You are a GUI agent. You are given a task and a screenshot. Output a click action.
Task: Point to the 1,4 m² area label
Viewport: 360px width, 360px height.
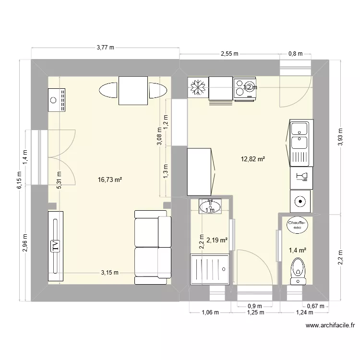298,249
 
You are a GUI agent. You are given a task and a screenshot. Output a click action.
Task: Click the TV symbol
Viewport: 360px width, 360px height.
56,246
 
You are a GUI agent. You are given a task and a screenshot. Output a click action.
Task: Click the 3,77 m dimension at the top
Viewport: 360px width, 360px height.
105,47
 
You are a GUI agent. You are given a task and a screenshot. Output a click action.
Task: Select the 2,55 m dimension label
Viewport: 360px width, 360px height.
229,54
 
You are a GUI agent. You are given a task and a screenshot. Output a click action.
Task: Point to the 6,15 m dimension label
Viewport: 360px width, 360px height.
19,181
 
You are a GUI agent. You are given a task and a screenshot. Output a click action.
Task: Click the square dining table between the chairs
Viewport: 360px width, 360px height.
133,90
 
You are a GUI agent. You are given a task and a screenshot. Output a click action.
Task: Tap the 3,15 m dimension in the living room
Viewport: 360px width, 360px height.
109,273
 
